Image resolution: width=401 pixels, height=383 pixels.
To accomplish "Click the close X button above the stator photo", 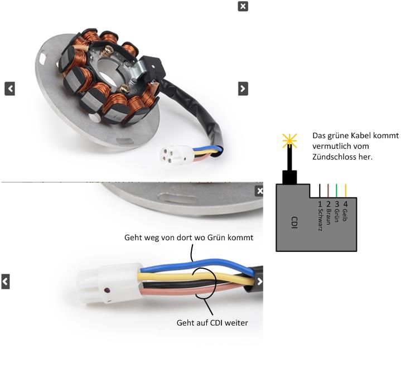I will (x=243, y=6).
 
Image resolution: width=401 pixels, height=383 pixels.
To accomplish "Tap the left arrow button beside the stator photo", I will (x=9, y=88).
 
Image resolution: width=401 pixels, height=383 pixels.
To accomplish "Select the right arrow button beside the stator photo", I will (x=243, y=88).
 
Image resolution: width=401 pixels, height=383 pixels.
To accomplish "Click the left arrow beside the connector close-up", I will (x=5, y=282).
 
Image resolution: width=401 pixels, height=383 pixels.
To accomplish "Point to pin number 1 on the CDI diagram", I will (x=320, y=204).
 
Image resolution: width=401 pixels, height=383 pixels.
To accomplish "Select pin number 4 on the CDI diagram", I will (x=346, y=204).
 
